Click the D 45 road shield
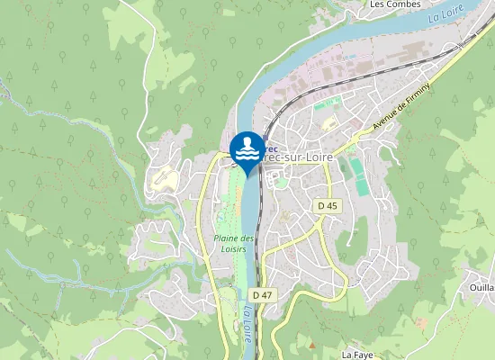coord(328,206)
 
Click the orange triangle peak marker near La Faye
coord(312,345)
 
